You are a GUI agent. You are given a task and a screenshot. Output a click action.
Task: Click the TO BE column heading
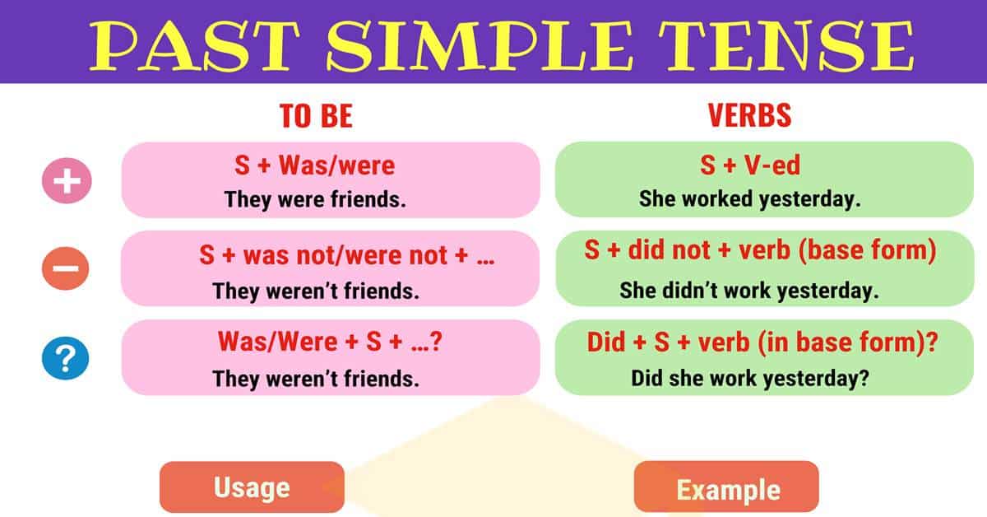coord(317,116)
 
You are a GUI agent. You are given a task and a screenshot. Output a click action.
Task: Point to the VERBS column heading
coord(749,116)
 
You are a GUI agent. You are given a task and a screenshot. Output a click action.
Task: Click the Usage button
coord(252,487)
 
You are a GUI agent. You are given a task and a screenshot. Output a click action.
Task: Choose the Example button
coord(727,490)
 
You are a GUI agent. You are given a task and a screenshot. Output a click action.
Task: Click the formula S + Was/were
coord(314,165)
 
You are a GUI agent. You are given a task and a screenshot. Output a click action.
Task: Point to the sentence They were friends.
coord(316,198)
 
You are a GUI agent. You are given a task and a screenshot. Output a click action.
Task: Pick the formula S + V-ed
coord(749,165)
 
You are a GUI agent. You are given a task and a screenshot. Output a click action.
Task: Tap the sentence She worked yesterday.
coord(749,199)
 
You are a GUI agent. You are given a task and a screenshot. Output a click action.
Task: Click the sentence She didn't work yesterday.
coord(749,290)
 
